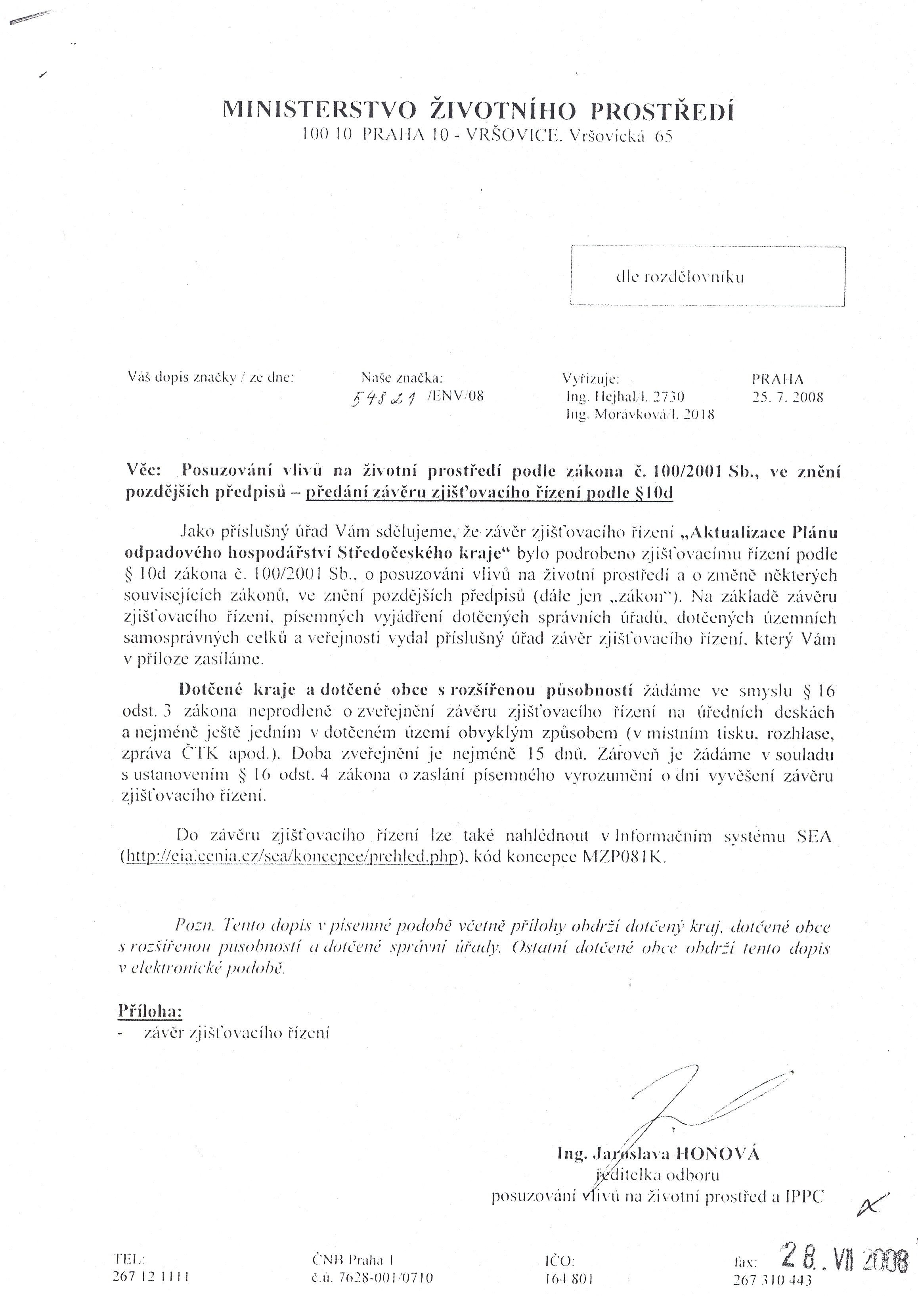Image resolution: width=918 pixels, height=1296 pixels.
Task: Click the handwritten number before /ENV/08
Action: click(384, 399)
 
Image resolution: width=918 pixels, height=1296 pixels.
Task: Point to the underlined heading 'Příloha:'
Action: click(150, 1011)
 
